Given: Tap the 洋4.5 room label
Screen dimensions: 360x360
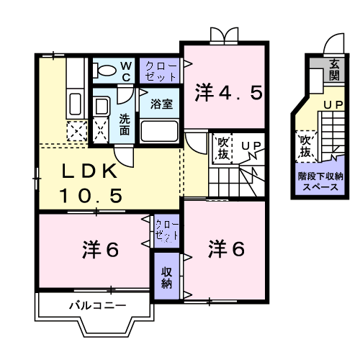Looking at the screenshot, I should pos(224,94).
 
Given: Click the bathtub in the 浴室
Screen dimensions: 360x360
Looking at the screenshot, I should pos(160,132).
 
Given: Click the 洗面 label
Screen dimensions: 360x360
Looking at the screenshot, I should pos(125,124).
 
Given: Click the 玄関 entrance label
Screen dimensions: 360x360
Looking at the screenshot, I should pos(334,70).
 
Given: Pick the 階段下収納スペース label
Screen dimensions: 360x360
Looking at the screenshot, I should pos(321,180).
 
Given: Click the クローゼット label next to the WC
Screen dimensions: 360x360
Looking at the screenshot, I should pos(161,71).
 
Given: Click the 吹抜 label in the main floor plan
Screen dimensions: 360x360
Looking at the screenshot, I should pos(222,148).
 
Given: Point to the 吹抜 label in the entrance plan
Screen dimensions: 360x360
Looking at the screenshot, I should pos(305,146).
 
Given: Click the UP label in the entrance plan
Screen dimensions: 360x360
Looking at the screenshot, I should pos(332,106).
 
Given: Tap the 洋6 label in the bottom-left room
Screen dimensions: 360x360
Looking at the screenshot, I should pos(99,250).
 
